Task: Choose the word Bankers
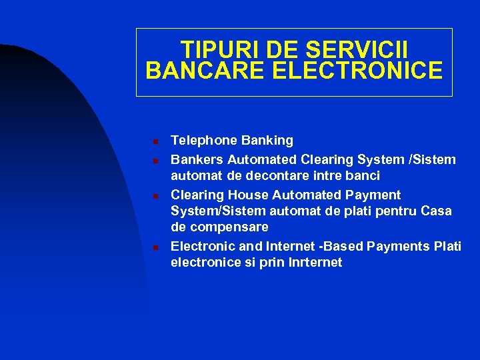pos(197,159)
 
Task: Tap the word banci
pos(361,176)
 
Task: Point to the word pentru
pos(396,211)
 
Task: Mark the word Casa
pos(436,211)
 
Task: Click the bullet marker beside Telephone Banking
pos(153,141)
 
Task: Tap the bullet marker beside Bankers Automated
pos(153,160)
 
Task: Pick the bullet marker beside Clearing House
pos(153,195)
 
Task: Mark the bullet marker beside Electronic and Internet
pos(153,247)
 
